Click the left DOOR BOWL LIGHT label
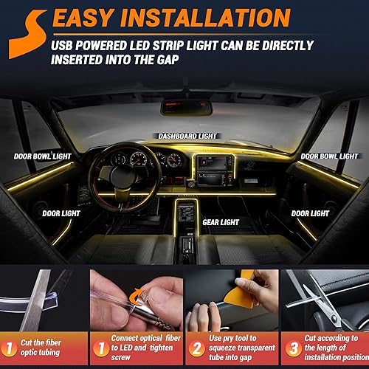42,156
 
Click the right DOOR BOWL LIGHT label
329,156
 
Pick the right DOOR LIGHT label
310,213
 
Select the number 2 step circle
197,346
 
